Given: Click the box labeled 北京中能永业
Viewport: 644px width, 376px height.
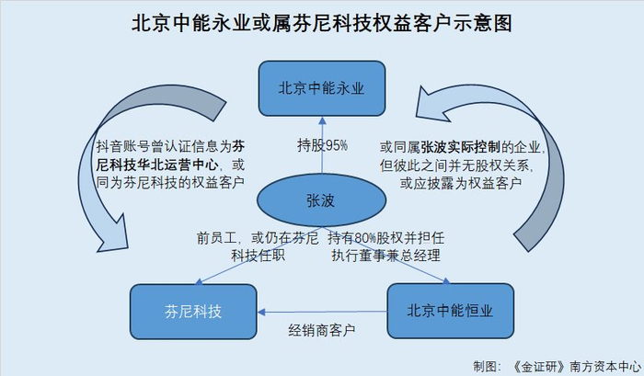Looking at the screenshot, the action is point(322,88).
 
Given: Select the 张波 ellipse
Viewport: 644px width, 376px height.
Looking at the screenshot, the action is point(321,200).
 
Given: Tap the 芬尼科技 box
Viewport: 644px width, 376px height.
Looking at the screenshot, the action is point(193,312).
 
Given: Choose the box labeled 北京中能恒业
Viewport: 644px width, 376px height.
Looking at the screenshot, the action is point(450,311).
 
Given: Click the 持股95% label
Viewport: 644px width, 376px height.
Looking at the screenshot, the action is point(322,145).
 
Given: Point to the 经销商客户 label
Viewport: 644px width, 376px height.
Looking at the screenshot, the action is point(322,330).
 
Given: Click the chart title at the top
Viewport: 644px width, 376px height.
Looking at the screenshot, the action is point(322,23).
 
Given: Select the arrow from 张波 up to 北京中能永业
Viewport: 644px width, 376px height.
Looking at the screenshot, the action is point(322,145).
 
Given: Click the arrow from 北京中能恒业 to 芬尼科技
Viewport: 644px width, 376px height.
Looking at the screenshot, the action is point(322,312).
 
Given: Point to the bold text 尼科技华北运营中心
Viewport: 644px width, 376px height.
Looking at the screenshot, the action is point(157,165).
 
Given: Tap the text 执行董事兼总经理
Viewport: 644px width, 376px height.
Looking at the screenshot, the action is point(386,256).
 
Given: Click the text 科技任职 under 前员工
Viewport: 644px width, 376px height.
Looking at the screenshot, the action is point(258,256).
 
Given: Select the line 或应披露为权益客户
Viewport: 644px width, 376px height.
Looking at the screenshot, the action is point(461,183).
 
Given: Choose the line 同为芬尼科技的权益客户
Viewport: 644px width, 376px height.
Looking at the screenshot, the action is point(170,182).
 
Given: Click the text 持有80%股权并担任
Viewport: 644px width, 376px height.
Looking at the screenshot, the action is point(386,238).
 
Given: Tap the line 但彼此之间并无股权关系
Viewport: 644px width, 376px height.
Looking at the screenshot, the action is point(456,165).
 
